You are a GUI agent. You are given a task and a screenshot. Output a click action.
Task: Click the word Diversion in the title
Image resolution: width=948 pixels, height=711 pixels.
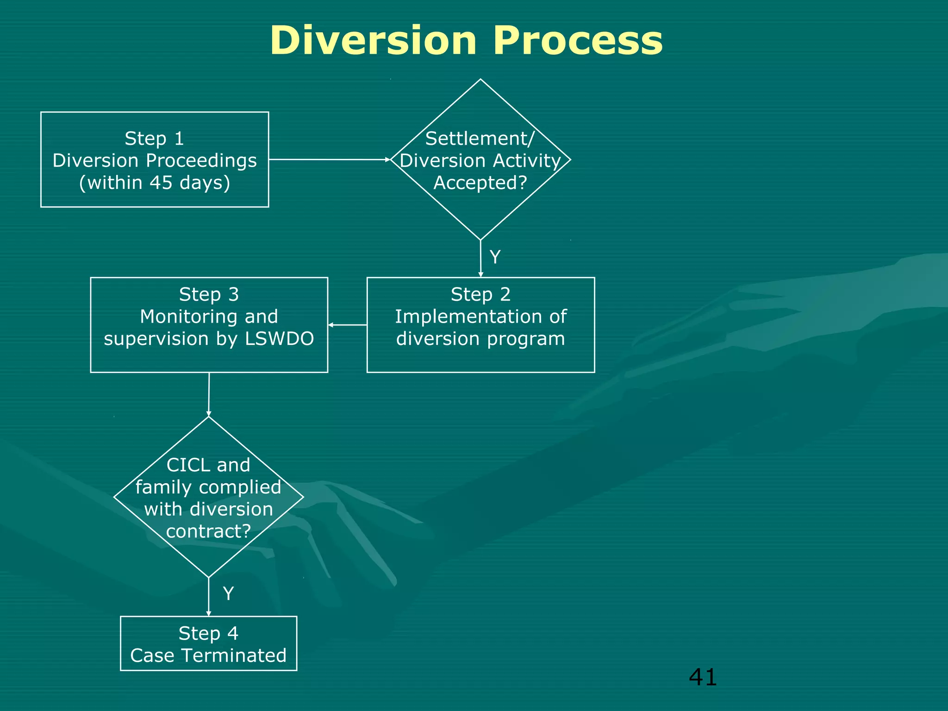(373, 41)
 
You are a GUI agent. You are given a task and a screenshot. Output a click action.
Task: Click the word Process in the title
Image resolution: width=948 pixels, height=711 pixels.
(577, 41)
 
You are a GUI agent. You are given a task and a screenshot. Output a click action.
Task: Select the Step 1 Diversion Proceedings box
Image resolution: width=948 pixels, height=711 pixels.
(155, 159)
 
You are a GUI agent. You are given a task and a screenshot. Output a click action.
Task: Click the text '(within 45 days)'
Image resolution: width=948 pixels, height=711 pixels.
(155, 182)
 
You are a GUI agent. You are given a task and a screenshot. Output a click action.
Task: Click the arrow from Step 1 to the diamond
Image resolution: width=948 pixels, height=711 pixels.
(330, 159)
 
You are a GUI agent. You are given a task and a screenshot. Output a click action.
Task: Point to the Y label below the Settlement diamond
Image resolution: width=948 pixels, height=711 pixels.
(495, 257)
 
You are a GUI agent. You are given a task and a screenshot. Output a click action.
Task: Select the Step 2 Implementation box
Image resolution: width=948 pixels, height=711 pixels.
(480, 324)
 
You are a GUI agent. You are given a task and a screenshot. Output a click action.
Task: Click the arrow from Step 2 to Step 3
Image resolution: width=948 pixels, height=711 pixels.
(347, 325)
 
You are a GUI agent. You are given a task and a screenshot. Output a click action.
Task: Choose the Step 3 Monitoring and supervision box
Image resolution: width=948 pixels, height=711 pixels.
(209, 324)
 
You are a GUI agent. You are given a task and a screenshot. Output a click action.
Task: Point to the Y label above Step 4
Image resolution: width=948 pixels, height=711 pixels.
(228, 593)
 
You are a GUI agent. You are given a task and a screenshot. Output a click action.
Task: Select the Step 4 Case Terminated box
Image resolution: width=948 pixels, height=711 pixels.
(208, 643)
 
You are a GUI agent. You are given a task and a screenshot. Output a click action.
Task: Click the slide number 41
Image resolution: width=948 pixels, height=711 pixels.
(702, 677)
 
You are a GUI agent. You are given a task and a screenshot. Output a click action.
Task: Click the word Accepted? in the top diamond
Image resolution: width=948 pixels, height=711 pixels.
(480, 183)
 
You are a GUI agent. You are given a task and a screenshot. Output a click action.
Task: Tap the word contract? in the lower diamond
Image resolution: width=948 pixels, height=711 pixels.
(208, 531)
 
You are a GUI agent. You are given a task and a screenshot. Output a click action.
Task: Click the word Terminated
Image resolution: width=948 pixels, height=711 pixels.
(233, 655)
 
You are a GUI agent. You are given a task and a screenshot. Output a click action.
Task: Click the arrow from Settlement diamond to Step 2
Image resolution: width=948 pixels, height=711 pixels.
(480, 258)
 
